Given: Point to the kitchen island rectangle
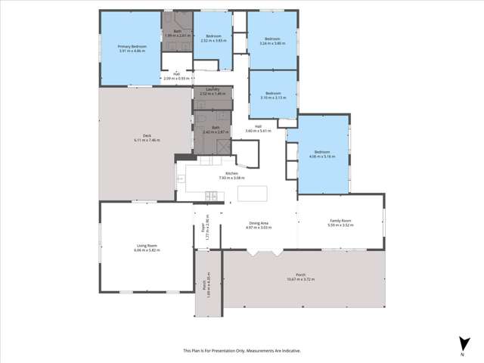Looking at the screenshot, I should coord(253,194).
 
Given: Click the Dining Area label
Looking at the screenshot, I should coord(260,223).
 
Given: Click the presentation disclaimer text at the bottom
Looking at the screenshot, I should coord(241,350).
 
